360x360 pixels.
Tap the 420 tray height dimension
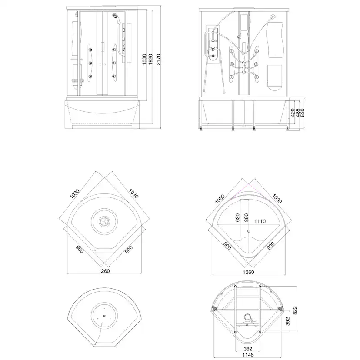point(293,113)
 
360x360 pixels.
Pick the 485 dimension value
point(298,112)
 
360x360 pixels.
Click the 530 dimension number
point(303,112)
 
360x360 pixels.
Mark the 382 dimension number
point(247,349)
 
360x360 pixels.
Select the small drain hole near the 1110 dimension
point(248,231)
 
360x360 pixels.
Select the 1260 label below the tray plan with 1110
point(248,273)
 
